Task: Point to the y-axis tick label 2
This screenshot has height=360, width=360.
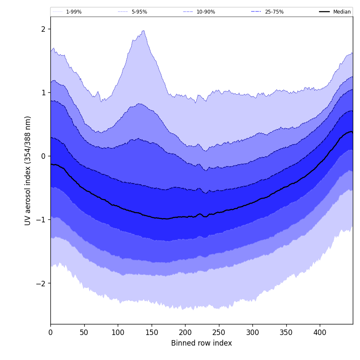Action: pyautogui.click(x=43, y=29)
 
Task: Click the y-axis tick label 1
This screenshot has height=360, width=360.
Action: pyautogui.click(x=43, y=92)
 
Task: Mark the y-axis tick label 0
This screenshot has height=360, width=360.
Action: pyautogui.click(x=43, y=156)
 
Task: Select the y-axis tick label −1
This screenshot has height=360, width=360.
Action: pyautogui.click(x=41, y=219)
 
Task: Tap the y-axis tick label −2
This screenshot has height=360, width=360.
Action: pyautogui.click(x=41, y=283)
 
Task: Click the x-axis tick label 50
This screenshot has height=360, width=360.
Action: pyautogui.click(x=84, y=333)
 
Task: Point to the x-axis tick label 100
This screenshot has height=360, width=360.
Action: pyautogui.click(x=118, y=333)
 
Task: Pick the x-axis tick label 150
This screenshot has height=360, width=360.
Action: pyautogui.click(x=152, y=333)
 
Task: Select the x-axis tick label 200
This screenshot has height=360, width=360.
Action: pyautogui.click(x=185, y=333)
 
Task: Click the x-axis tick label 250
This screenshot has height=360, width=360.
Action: pyautogui.click(x=219, y=333)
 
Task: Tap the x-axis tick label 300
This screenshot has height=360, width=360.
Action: pyautogui.click(x=252, y=333)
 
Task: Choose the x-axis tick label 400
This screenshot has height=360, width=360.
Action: pyautogui.click(x=320, y=333)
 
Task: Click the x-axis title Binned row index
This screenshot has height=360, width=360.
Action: pyautogui.click(x=202, y=343)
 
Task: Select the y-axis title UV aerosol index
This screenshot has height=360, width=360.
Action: pyautogui.click(x=28, y=170)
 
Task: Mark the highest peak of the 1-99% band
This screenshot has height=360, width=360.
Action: pyautogui.click(x=144, y=30)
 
